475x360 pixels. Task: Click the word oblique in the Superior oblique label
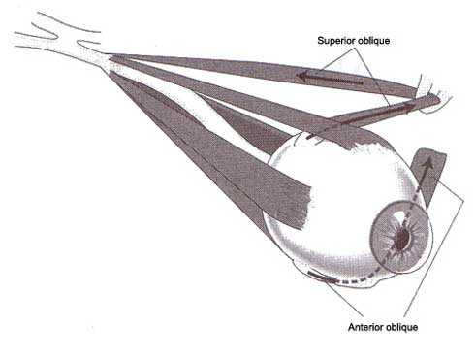pyautogui.click(x=374, y=41)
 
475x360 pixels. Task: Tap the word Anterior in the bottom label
pyautogui.click(x=364, y=327)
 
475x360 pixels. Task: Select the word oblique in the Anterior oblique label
pyautogui.click(x=400, y=327)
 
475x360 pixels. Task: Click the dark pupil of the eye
pyautogui.click(x=402, y=240)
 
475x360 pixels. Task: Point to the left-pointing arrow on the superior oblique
pyautogui.click(x=330, y=79)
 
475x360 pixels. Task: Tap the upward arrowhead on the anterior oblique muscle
pyautogui.click(x=428, y=163)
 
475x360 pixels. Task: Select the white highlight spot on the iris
pyautogui.click(x=400, y=216)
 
